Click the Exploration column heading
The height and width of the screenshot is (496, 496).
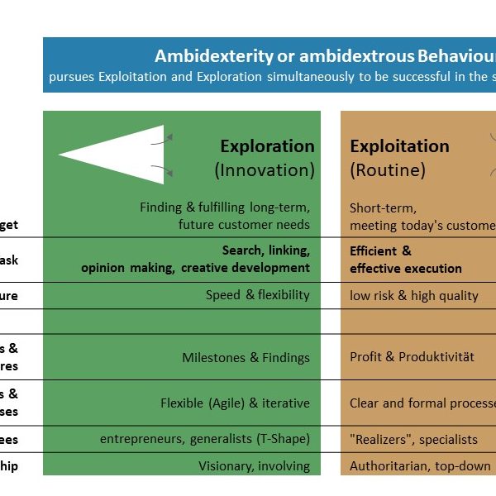[x=267, y=146]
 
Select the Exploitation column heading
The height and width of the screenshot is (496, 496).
[x=399, y=146]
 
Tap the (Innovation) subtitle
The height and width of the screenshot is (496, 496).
[x=265, y=170]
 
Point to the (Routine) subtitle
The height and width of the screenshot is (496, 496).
[x=388, y=170]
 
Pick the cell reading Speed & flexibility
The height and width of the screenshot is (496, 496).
[x=258, y=295]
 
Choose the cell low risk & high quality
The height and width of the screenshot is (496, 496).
[x=413, y=295]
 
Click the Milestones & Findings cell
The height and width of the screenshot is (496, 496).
[x=246, y=358]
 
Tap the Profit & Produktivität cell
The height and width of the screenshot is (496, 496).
[x=412, y=358]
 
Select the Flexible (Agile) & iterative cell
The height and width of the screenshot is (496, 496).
[x=235, y=403]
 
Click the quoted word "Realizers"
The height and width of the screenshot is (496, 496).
[x=379, y=440]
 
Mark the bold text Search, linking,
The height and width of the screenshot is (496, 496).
[x=265, y=250]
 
